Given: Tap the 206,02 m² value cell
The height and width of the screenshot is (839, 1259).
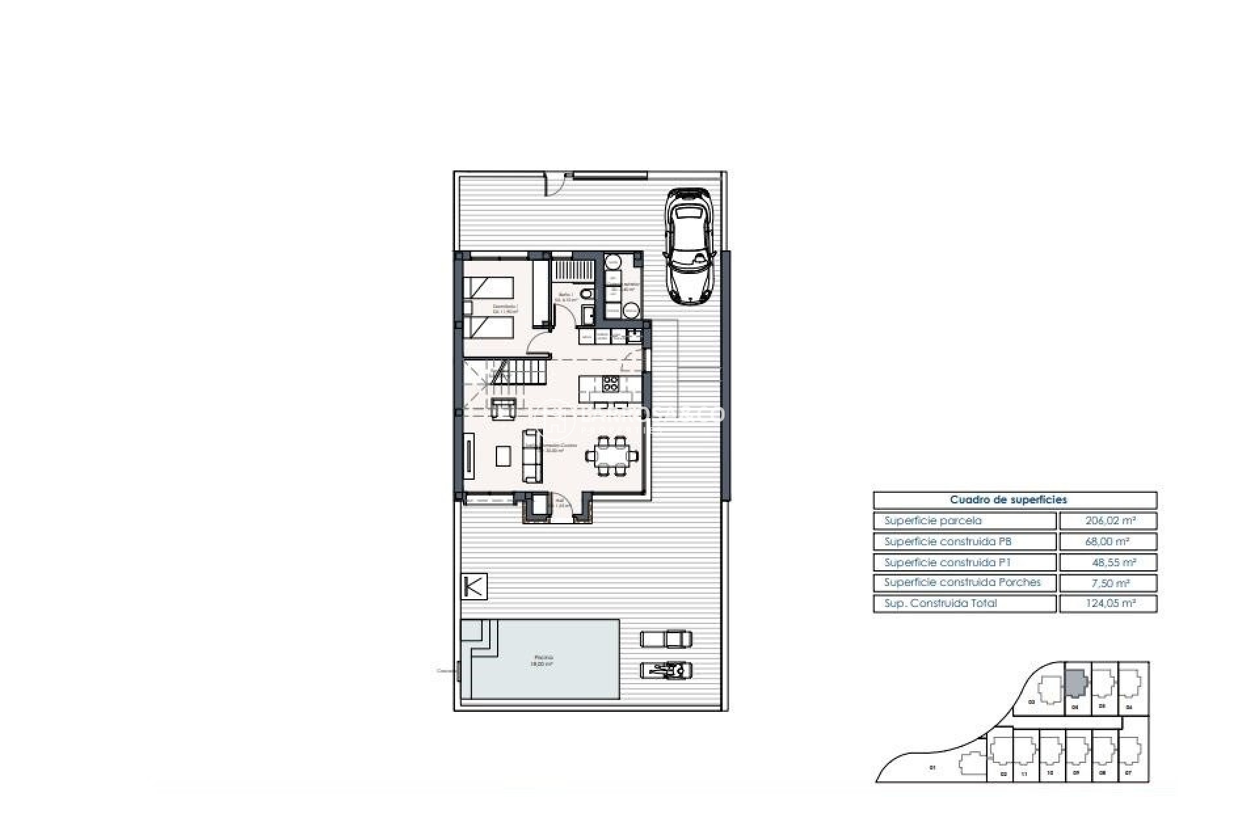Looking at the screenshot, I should tap(1108, 521).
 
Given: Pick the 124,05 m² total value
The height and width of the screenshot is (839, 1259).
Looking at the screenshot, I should tap(1108, 604).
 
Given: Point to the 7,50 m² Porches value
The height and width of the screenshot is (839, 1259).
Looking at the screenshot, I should tap(1108, 583).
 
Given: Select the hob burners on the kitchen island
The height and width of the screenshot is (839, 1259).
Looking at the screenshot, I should tap(610, 383).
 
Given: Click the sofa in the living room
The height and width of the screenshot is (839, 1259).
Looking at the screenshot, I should tap(532, 456).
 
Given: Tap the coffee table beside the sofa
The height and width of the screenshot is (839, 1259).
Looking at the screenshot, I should tap(503, 456).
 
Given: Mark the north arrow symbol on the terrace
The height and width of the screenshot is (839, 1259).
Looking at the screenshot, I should tap(474, 586).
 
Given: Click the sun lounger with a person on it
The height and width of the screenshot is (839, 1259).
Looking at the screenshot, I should tap(666, 671).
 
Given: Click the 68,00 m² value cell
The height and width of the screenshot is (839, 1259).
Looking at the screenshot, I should tap(1108, 542).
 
